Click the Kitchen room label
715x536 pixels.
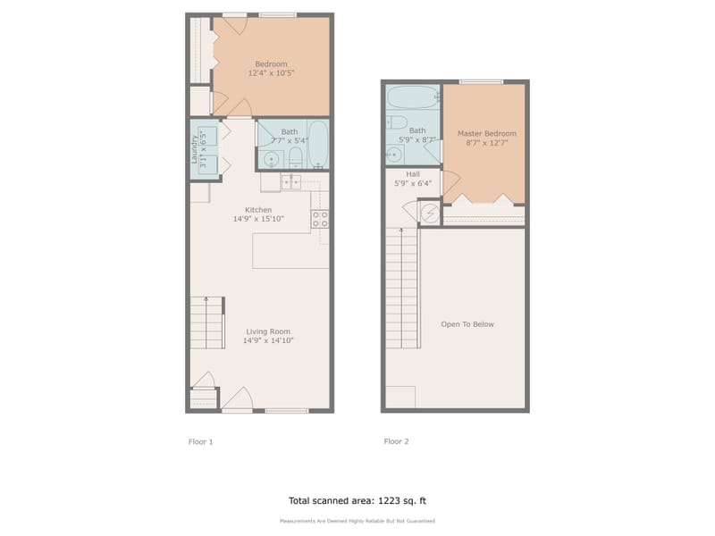[258, 210]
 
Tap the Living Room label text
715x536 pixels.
[269, 331]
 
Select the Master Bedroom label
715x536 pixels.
[486, 134]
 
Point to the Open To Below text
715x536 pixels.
[467, 324]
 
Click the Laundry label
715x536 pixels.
[195, 149]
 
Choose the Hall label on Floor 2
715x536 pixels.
[413, 174]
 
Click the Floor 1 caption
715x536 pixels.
[201, 441]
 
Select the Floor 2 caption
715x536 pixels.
[397, 441]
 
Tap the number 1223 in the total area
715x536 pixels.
[385, 501]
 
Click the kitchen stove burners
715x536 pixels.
[320, 218]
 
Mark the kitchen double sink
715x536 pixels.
[290, 182]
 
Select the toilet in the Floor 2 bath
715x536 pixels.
[398, 123]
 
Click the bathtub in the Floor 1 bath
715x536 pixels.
[318, 146]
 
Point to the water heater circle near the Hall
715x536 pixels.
[430, 213]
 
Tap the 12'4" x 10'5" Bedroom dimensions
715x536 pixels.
[271, 73]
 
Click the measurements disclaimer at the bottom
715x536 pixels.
[357, 521]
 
